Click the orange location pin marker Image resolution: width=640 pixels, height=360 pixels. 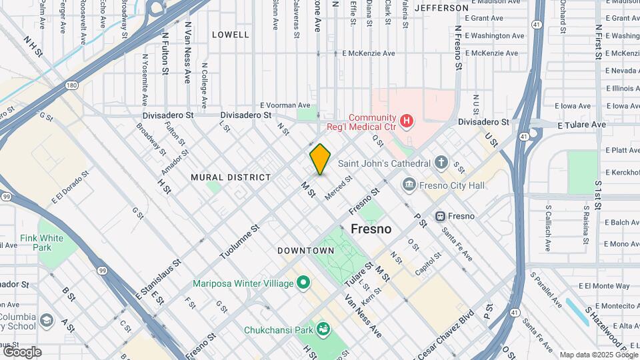[x=320, y=159]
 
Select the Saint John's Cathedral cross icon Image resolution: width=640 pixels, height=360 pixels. [x=441, y=163]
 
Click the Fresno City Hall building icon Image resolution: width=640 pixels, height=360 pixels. [x=410, y=185]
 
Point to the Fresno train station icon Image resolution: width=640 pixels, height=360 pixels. [x=440, y=216]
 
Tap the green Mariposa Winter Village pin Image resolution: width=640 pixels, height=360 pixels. [x=303, y=283]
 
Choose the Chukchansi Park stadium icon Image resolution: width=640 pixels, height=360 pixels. [x=323, y=329]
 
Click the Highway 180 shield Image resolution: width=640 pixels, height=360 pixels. [x=72, y=85]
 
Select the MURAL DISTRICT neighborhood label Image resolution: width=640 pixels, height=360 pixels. [x=231, y=177]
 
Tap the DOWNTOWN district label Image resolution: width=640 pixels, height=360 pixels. [x=305, y=251]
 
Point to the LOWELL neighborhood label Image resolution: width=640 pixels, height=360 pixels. [x=230, y=34]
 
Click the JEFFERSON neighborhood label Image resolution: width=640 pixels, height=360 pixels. [x=441, y=8]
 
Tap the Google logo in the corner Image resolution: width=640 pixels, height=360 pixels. [x=22, y=351]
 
